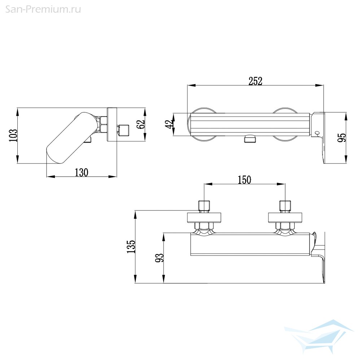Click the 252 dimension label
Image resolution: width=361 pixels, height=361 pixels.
(x=255, y=81)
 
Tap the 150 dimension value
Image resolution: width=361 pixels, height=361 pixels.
(x=244, y=180)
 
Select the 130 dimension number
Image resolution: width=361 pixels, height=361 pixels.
(x=82, y=173)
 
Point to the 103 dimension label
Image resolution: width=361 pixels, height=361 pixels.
(x=13, y=135)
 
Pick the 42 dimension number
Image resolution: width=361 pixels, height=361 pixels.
(x=170, y=125)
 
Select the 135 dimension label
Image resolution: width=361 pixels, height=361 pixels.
(x=131, y=247)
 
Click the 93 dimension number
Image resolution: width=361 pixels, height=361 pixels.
(x=159, y=258)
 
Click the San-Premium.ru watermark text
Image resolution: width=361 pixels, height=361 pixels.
(x=43, y=9)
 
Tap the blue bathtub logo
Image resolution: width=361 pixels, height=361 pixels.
(x=318, y=336)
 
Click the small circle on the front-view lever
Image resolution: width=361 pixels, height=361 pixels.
(x=317, y=133)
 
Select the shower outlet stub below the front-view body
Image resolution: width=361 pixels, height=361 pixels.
(x=249, y=139)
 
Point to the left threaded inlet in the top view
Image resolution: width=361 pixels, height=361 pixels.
(x=204, y=206)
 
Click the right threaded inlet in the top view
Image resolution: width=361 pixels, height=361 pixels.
(x=285, y=206)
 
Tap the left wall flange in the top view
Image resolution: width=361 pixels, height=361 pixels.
(x=204, y=218)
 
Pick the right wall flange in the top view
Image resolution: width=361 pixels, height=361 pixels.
(x=285, y=218)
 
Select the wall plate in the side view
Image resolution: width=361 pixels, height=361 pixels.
(x=112, y=125)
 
